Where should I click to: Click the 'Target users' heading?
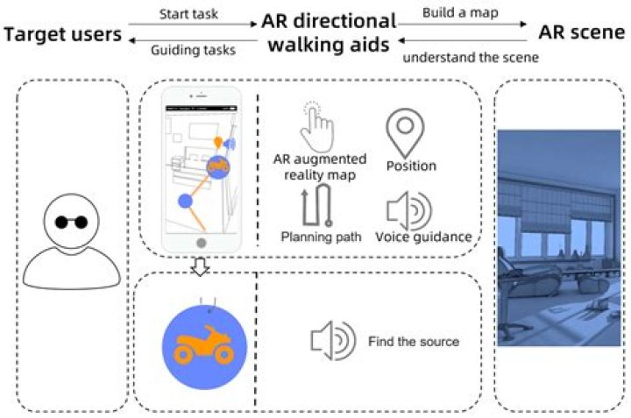click(63, 34)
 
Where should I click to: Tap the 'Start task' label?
click(188, 14)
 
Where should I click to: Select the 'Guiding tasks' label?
click(193, 50)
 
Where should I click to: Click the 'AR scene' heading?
click(582, 32)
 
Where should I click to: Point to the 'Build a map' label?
click(460, 13)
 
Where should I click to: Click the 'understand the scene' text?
click(471, 58)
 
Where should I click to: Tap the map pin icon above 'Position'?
click(405, 133)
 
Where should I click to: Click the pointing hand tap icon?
click(318, 128)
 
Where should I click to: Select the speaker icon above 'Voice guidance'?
click(409, 210)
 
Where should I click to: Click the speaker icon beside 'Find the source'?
click(333, 340)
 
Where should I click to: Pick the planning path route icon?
click(317, 205)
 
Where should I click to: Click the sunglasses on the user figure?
click(71, 222)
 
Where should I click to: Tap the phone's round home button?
click(202, 243)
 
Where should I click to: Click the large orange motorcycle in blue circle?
click(204, 348)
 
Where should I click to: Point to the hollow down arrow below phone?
click(200, 266)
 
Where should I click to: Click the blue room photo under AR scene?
click(559, 237)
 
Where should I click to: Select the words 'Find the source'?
click(414, 342)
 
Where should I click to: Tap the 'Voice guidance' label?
click(423, 237)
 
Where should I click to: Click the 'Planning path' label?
click(321, 237)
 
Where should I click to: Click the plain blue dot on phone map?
click(185, 201)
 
